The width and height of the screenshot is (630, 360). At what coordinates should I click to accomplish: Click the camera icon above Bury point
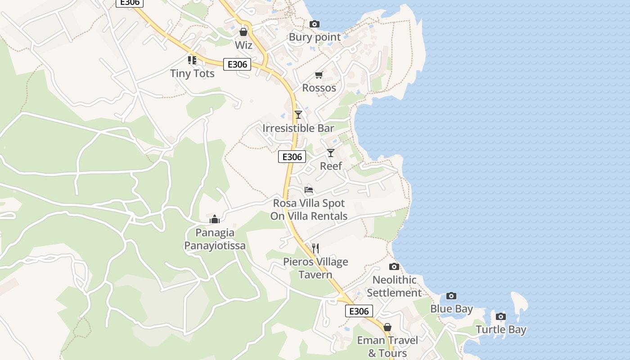[x=315, y=24]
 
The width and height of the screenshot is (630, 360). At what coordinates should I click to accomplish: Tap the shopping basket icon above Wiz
[x=243, y=32]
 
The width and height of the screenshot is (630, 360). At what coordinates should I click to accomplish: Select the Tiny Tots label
[x=192, y=73]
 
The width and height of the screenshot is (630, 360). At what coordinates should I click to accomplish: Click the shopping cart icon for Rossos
[x=319, y=75]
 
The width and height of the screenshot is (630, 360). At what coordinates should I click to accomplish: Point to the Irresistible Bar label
[x=298, y=128]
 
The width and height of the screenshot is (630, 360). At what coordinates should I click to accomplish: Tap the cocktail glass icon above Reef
[x=331, y=153]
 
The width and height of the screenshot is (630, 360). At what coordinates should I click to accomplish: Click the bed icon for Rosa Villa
[x=309, y=189]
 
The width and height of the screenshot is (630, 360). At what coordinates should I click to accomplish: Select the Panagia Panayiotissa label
[x=215, y=239]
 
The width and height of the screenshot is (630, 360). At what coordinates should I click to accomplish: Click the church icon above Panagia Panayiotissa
[x=215, y=219]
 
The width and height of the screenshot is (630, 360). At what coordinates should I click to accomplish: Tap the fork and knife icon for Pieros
[x=315, y=248]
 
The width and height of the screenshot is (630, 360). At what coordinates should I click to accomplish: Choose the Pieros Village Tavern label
[x=315, y=268]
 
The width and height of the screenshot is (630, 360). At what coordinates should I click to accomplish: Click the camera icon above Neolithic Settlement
[x=394, y=266]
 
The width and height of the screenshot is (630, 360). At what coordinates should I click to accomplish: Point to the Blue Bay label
[x=451, y=309]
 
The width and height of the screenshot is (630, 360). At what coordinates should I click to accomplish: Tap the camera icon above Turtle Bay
[x=501, y=316]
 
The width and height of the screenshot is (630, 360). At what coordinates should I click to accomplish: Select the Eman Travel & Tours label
[x=387, y=346]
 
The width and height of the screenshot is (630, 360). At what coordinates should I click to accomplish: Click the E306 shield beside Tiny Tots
[x=237, y=64]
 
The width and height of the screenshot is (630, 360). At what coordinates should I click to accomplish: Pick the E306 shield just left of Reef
[x=292, y=157]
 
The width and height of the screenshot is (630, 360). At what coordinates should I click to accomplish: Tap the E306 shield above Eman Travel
[x=359, y=311]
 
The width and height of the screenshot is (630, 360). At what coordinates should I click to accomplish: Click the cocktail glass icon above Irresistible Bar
[x=298, y=115]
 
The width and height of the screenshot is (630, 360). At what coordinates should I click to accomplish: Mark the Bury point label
[x=315, y=37]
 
